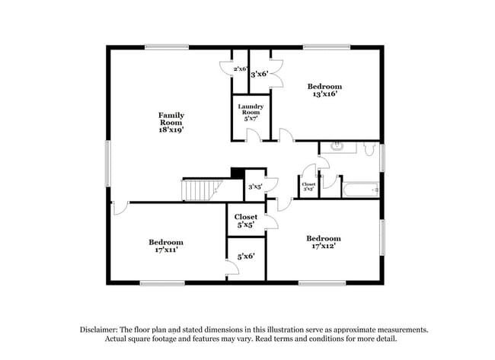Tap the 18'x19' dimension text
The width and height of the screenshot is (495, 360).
[171, 130]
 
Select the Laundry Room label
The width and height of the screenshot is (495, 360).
[251, 109]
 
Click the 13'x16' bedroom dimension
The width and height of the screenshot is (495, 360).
[324, 94]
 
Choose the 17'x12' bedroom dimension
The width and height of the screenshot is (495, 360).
[323, 247]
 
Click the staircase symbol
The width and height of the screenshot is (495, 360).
[202, 189]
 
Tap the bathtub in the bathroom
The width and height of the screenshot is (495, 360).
[359, 189]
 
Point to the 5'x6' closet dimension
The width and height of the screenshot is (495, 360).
[246, 256]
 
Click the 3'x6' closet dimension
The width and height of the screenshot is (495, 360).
[260, 75]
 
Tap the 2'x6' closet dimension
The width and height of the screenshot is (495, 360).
[241, 69]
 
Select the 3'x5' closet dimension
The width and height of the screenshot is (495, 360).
[255, 186]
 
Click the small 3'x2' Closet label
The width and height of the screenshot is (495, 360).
[308, 186]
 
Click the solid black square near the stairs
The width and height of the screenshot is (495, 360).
[238, 174]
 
